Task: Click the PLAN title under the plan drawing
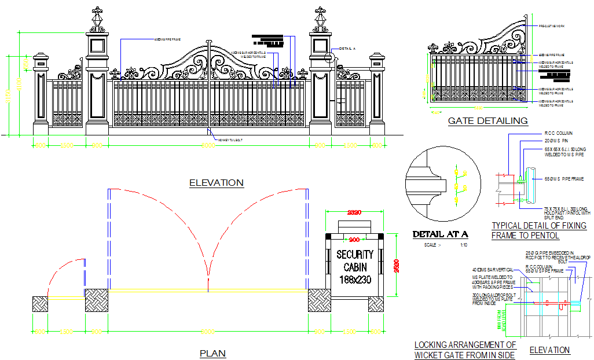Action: coord(212,353)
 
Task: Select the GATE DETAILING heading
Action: coord(487,121)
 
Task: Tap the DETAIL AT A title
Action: coord(440,234)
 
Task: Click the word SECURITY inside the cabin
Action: coord(355,254)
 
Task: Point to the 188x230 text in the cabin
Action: coord(355,280)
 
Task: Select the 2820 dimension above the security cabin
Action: coord(354,212)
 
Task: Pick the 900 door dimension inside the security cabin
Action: coord(354,239)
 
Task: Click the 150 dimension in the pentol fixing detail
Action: coord(520,200)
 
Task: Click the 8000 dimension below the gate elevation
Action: coord(208,146)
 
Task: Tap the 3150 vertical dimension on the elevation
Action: coord(8,95)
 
